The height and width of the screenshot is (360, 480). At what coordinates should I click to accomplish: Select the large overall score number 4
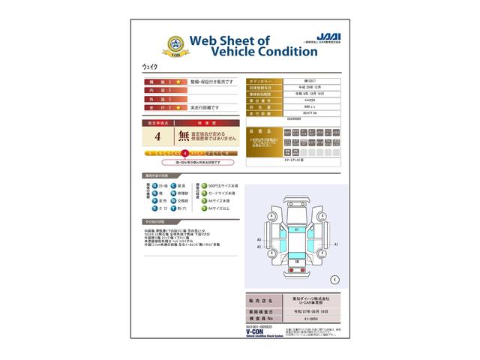point(157,136)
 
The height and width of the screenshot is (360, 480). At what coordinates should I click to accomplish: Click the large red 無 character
point(184,136)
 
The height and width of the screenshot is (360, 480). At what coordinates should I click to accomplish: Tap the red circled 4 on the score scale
point(184,152)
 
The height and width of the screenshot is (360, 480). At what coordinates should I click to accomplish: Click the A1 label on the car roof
point(297,228)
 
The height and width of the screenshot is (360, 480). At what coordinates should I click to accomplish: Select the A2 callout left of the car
point(259,246)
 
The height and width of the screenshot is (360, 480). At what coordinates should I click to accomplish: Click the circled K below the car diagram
point(334,279)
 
